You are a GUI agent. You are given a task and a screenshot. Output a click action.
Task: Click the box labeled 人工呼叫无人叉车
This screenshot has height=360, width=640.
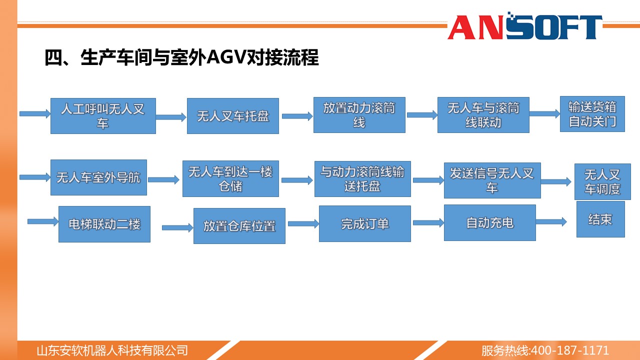[x=103, y=116]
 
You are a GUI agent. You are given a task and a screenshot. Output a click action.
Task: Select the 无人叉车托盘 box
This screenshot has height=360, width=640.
[x=233, y=116]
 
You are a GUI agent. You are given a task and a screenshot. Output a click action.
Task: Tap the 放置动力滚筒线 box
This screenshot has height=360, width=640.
[x=359, y=115]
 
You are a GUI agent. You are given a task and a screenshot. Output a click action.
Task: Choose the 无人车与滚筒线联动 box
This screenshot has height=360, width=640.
[x=483, y=115]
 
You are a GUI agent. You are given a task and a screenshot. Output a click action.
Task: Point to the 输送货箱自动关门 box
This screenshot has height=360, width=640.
[x=592, y=114]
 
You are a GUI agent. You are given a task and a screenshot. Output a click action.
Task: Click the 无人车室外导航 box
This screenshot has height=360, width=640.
[x=98, y=177]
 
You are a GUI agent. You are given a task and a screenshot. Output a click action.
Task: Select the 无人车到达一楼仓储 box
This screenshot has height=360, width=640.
[x=230, y=178]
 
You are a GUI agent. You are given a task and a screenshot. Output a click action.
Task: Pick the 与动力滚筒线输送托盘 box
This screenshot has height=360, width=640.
[x=362, y=179]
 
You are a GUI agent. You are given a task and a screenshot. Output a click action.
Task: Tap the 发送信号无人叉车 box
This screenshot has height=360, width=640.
[x=492, y=180]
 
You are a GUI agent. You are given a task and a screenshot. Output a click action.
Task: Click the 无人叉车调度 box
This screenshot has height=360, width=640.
[x=602, y=181]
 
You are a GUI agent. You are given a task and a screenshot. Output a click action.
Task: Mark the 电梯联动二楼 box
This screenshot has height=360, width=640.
[x=104, y=224]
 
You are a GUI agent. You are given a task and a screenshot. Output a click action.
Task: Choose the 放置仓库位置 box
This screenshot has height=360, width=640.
[x=239, y=226]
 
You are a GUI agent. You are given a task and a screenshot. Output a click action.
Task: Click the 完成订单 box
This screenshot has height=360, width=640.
[x=365, y=223]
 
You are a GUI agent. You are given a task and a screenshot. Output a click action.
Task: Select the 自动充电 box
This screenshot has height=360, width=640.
[x=489, y=222]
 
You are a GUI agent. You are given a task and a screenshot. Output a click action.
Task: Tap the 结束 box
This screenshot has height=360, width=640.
[x=600, y=219]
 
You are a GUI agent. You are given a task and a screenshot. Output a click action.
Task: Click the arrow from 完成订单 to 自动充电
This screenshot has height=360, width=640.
[x=428, y=223]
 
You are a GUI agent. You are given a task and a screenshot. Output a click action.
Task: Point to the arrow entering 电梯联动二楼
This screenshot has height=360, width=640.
[x=43, y=221]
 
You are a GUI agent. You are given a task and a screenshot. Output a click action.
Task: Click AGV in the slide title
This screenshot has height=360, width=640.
[x=226, y=57]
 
